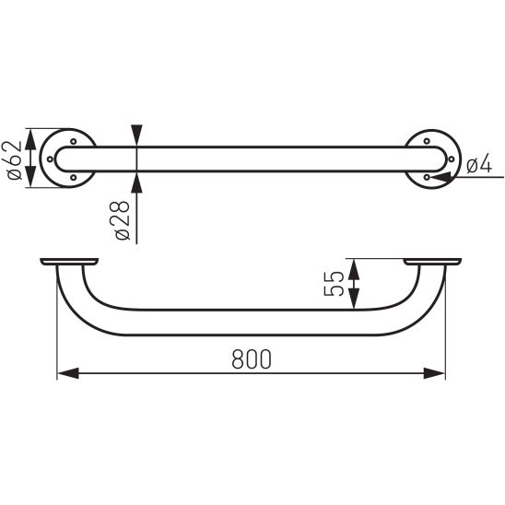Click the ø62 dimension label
[x=15, y=160]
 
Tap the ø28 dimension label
[x=123, y=220]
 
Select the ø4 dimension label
[x=479, y=163]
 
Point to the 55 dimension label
[x=334, y=283]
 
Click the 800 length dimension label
[x=252, y=359]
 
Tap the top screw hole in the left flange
[x=74, y=141]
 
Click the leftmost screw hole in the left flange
[x=50, y=159]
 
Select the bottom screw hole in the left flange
[x=74, y=177]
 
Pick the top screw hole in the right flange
[x=427, y=141]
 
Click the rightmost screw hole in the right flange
[x=452, y=159]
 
